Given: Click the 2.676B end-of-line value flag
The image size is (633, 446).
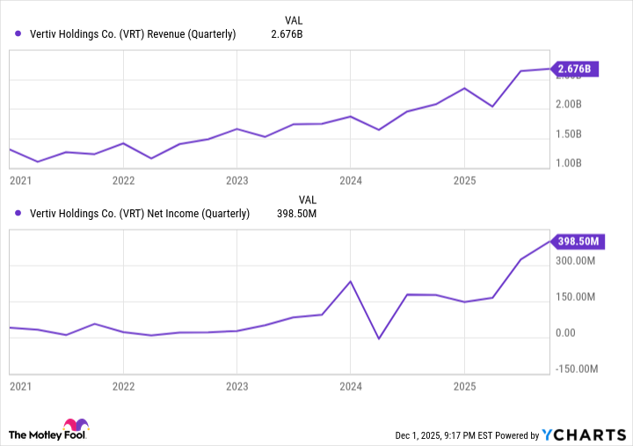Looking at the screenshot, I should tap(575, 69).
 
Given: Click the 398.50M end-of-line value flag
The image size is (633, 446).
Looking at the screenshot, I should tap(575, 241).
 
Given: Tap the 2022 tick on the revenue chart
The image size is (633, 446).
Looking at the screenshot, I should tap(123, 181).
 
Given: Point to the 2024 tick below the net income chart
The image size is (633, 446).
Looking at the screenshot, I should tap(350, 386).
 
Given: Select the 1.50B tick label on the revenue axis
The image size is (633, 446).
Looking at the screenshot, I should tap(570, 135).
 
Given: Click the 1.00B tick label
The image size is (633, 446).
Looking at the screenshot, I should tap(570, 164).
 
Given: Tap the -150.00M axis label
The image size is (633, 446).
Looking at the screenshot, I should tap(578, 369).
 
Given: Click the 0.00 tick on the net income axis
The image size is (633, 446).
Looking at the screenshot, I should tap(564, 333).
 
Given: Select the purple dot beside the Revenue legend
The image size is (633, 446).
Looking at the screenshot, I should tap(18, 34).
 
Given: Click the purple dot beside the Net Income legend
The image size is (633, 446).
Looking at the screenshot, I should tap(18, 214).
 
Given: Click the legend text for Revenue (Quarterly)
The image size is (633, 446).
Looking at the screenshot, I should tap(132, 34).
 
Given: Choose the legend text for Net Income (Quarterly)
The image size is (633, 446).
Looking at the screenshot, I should tap(139, 214).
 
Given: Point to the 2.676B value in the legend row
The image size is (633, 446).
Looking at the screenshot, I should tap(286, 34).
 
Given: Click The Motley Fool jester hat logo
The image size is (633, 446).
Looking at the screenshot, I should tap(76, 428).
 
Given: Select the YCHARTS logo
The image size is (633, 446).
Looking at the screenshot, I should tap(584, 434).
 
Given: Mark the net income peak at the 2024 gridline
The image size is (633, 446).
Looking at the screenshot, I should tap(350, 281).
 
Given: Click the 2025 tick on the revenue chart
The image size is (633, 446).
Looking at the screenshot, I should tap(464, 181).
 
